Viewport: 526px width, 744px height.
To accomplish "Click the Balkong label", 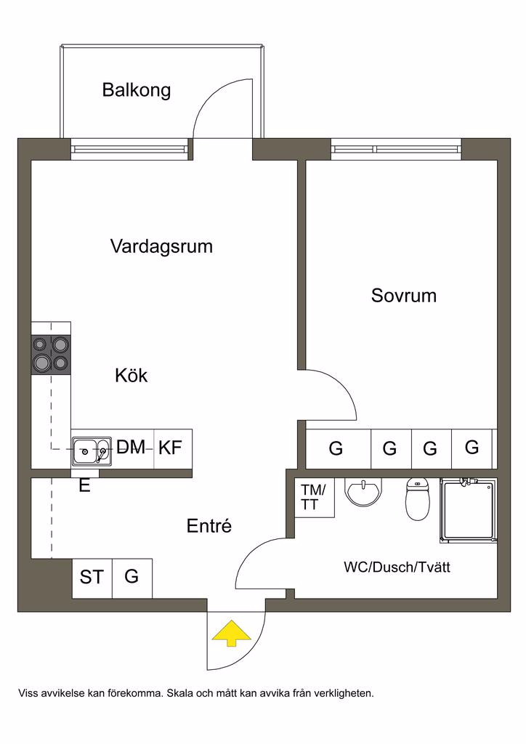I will click(137, 91).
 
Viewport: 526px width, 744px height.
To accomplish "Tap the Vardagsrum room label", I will click(161, 246).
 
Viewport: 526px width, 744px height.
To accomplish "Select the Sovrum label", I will click(403, 296).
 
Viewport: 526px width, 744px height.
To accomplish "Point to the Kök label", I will click(131, 376).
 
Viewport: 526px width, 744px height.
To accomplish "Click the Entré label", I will click(209, 526).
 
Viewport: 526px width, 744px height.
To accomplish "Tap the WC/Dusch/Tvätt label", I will click(397, 567).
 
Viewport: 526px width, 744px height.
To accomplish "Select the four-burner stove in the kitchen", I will click(51, 354).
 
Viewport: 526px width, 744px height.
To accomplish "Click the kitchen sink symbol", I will click(92, 451).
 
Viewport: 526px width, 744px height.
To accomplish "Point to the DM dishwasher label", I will click(131, 447).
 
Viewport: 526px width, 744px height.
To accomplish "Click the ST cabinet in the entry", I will click(92, 578).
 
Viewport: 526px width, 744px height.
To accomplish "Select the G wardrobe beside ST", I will click(132, 578).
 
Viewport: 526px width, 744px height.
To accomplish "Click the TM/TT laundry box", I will click(314, 497).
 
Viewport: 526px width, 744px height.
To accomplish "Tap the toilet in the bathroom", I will click(418, 500).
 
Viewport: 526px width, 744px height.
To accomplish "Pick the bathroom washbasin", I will click(363, 493).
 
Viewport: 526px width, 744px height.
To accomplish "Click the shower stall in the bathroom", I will click(468, 511).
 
